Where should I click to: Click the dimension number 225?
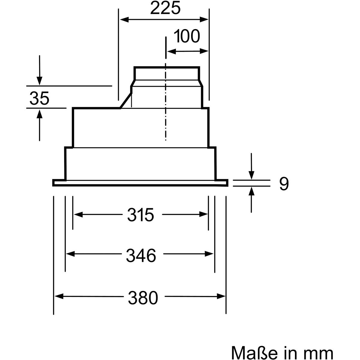point(165,8)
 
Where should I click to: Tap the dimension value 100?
point(187,36)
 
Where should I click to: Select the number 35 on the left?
point(39,98)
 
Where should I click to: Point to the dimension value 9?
point(284,184)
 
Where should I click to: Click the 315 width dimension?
point(140,215)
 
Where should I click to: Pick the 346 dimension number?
point(141,256)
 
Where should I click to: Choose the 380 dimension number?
point(143,298)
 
